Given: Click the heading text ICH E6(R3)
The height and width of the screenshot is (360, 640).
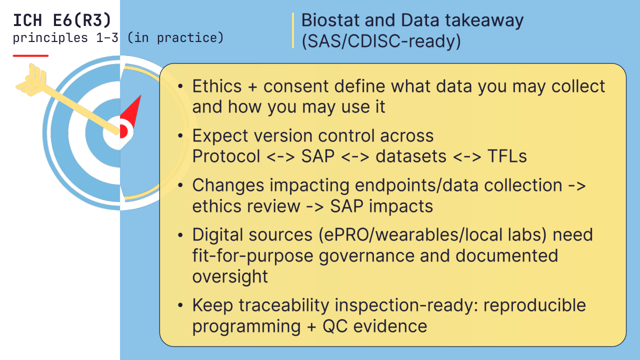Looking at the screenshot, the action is click(62, 20).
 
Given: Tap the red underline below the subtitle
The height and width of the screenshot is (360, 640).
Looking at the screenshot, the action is click(30, 55).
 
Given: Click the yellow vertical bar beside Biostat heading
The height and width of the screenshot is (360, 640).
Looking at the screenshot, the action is click(293, 30).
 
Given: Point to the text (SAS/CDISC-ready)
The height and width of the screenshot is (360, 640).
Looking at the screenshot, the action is click(381, 41).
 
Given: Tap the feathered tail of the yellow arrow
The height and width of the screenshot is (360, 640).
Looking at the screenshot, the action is click(31, 80).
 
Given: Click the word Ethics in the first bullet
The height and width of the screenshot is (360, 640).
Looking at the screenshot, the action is click(217, 86).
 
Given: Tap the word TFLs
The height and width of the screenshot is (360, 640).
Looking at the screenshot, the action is click(507, 156).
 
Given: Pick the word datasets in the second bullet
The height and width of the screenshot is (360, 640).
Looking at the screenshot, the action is click(411, 156).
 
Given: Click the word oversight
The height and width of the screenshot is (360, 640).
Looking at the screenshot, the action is click(230, 277).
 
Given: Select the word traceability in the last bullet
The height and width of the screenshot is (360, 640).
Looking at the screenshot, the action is click(284, 305).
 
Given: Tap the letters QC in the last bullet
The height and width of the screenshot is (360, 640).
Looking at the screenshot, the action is click(335, 326).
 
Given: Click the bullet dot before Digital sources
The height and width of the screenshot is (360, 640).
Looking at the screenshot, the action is click(180, 235).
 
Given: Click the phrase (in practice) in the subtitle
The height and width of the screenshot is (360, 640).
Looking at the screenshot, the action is click(175, 38).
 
